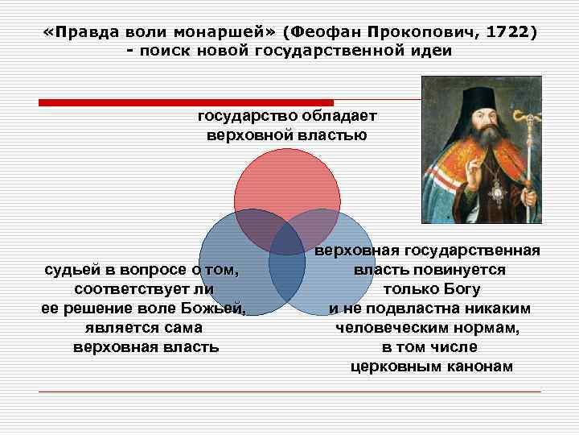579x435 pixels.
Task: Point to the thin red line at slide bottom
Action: (289, 391)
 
